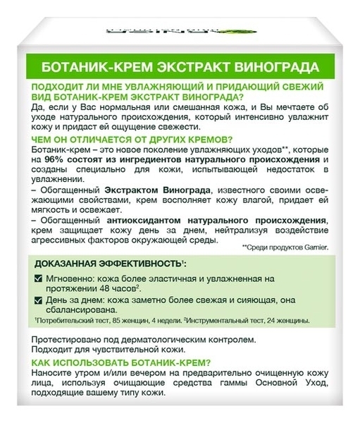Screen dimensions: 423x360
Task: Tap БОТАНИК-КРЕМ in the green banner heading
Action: click(91, 69)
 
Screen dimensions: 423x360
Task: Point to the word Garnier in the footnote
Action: click(312, 247)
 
